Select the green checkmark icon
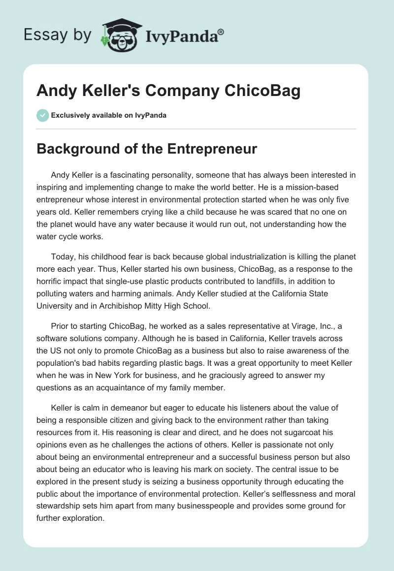pos(42,115)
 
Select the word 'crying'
pos(133,212)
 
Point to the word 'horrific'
pos(54,281)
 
